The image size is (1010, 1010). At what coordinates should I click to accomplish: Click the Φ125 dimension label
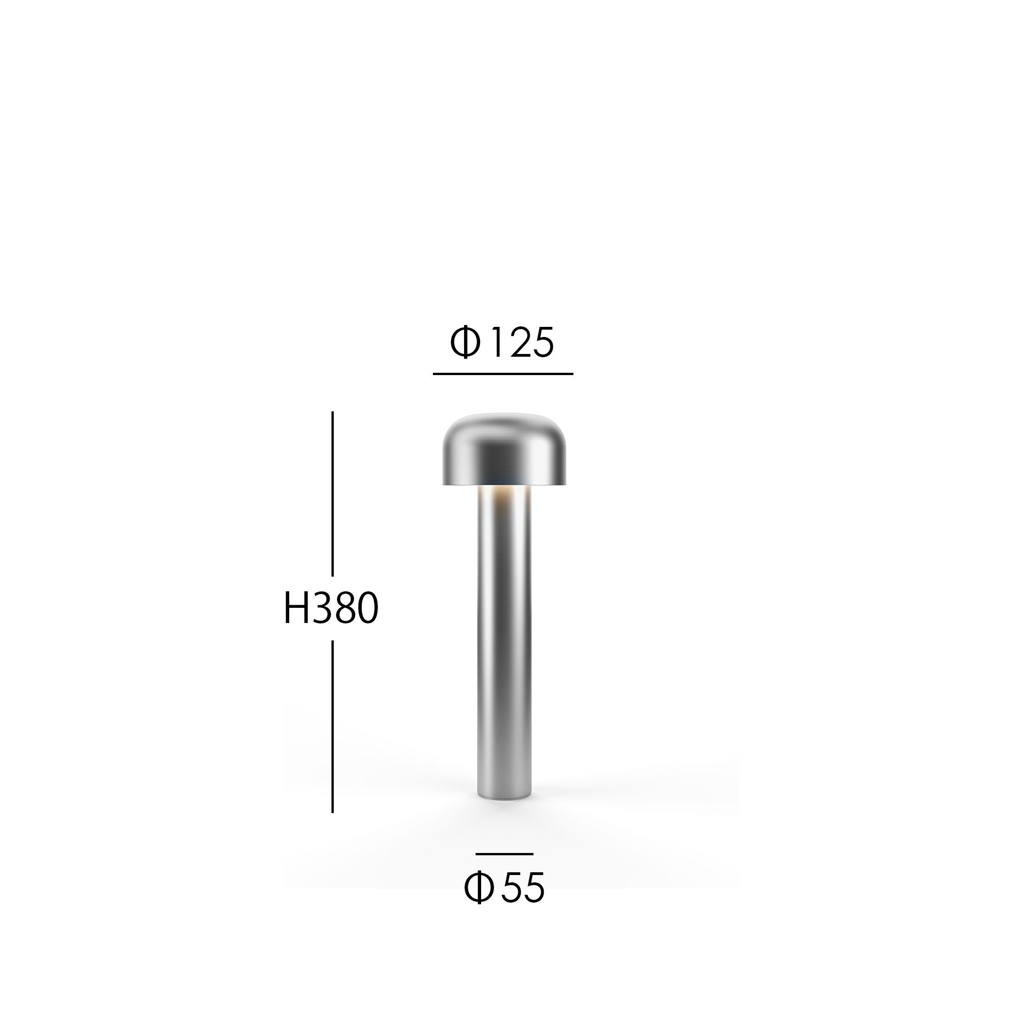coord(502,343)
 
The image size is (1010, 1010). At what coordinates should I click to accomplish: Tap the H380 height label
coord(331,608)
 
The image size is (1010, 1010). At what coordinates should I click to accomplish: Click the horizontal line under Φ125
coord(503,374)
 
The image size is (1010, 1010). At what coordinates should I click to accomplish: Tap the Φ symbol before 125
coord(465,343)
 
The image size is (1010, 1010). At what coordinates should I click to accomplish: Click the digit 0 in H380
coord(366,608)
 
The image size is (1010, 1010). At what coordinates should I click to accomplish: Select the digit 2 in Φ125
coord(518,343)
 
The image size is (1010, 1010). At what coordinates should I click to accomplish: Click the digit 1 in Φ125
coord(497,343)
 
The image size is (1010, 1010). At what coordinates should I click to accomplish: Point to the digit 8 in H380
coord(342,608)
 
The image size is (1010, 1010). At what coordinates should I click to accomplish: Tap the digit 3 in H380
coord(320,608)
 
